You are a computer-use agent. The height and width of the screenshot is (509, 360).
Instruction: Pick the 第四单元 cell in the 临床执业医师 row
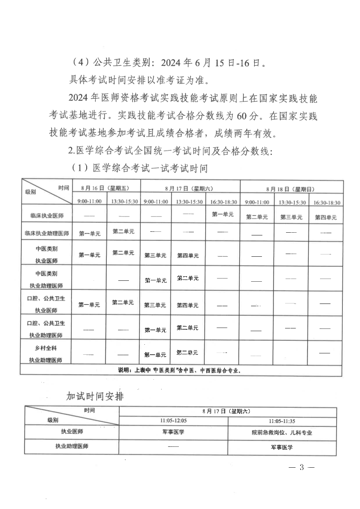[x=326, y=217]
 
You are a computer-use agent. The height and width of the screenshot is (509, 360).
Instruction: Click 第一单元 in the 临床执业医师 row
[x=222, y=214]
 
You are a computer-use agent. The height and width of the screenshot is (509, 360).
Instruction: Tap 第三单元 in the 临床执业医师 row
[x=291, y=217]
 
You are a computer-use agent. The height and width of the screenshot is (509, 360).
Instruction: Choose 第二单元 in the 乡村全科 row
[x=187, y=352]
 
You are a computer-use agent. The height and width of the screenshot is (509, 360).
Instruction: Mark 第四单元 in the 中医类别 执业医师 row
[x=187, y=255]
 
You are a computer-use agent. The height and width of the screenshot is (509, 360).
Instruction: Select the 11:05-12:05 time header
[x=173, y=421]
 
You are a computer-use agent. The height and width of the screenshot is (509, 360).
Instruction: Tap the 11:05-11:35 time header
[x=282, y=421]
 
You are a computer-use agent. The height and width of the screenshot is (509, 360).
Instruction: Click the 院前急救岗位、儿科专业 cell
[x=282, y=433]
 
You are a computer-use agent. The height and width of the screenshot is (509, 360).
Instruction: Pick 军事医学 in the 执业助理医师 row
[x=282, y=447]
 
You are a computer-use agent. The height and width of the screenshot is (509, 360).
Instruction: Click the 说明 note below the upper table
[x=179, y=370]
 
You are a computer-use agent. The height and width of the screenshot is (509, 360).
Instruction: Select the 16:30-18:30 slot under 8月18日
[x=326, y=202]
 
